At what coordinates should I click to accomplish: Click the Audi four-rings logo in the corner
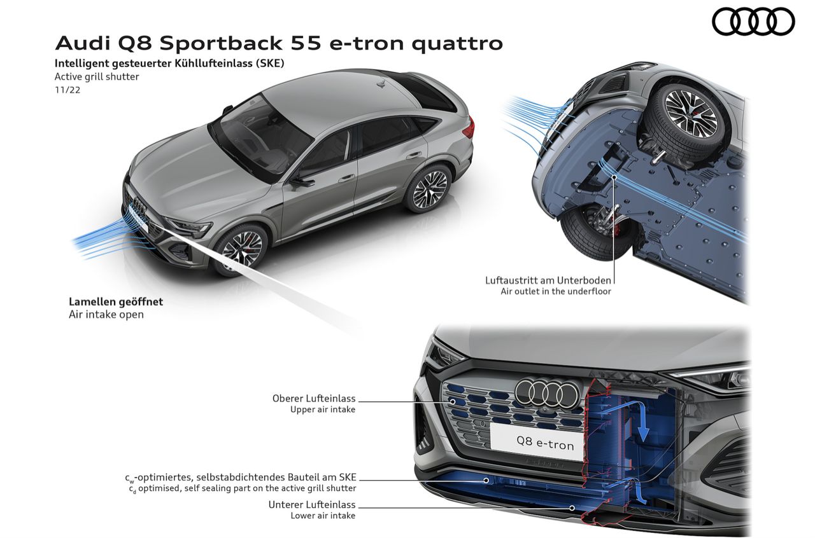pos(753,21)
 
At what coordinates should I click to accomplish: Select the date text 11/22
pos(67,90)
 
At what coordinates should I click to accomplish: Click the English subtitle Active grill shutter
pos(97,77)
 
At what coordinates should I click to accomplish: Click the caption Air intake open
pos(106,315)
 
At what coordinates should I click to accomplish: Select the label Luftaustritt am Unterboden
pos(548,280)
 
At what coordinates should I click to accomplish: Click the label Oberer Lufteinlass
pos(314,399)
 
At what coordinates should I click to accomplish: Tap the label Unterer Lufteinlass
pos(312,505)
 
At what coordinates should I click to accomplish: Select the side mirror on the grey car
pos(302,181)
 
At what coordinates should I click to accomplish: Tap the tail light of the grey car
pos(468,129)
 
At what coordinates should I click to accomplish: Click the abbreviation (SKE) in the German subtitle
pos(269,64)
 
